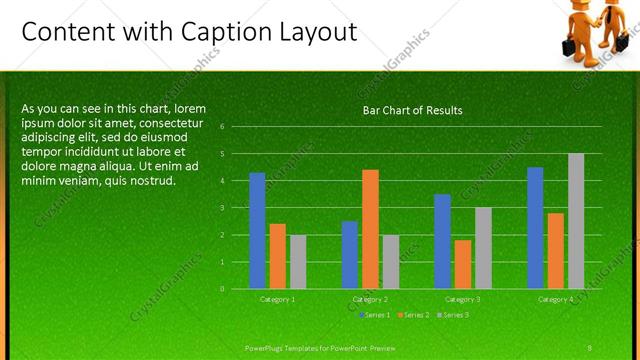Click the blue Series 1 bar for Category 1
(x=257, y=230)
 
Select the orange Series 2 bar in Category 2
(x=370, y=229)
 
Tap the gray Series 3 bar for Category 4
(x=576, y=221)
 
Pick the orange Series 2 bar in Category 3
(x=463, y=264)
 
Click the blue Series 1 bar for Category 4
(x=535, y=227)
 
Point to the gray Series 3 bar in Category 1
(x=298, y=261)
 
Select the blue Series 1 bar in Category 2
(x=350, y=254)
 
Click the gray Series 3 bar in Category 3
(x=483, y=247)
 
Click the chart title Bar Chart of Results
(x=412, y=110)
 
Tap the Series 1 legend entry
(x=376, y=315)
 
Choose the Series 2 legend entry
(x=414, y=315)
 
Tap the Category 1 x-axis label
(x=277, y=299)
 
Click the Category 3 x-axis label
(x=463, y=299)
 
